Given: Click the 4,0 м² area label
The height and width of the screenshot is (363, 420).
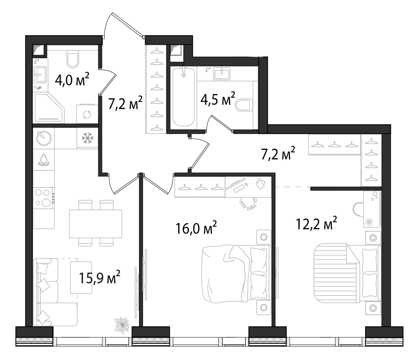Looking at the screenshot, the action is pyautogui.click(x=72, y=79).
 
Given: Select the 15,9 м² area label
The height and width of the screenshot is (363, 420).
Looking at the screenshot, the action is pyautogui.click(x=99, y=278).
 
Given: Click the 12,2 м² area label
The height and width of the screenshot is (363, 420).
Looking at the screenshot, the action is pyautogui.click(x=316, y=224).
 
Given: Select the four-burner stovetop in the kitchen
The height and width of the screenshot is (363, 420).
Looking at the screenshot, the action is pyautogui.click(x=44, y=198).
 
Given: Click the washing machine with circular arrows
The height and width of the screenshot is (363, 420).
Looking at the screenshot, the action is pyautogui.click(x=87, y=114).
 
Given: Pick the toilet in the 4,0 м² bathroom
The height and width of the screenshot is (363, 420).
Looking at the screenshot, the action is pyautogui.click(x=73, y=60).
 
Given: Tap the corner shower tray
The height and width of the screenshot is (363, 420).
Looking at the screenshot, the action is pyautogui.click(x=49, y=108).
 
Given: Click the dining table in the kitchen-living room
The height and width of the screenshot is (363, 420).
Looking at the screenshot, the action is pyautogui.click(x=95, y=224).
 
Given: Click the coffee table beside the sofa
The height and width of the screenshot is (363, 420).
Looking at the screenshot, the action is pyautogui.click(x=81, y=277).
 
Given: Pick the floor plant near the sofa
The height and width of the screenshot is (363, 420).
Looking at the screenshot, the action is pyautogui.click(x=122, y=324).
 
